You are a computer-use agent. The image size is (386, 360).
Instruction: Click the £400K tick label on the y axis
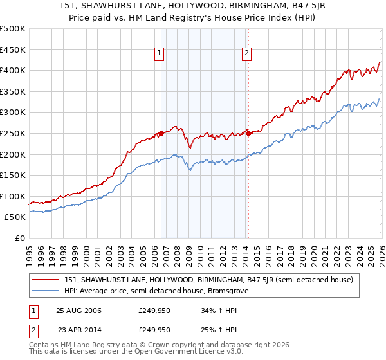(13, 71)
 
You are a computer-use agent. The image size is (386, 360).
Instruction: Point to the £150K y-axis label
(13, 175)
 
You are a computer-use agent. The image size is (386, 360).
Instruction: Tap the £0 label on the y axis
(19, 238)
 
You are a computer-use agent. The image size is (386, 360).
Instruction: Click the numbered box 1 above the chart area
(159, 54)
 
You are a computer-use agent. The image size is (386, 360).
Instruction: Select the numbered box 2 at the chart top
(246, 54)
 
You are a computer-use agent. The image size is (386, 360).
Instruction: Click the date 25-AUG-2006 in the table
(78, 311)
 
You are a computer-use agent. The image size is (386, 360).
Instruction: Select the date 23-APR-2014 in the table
(79, 329)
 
